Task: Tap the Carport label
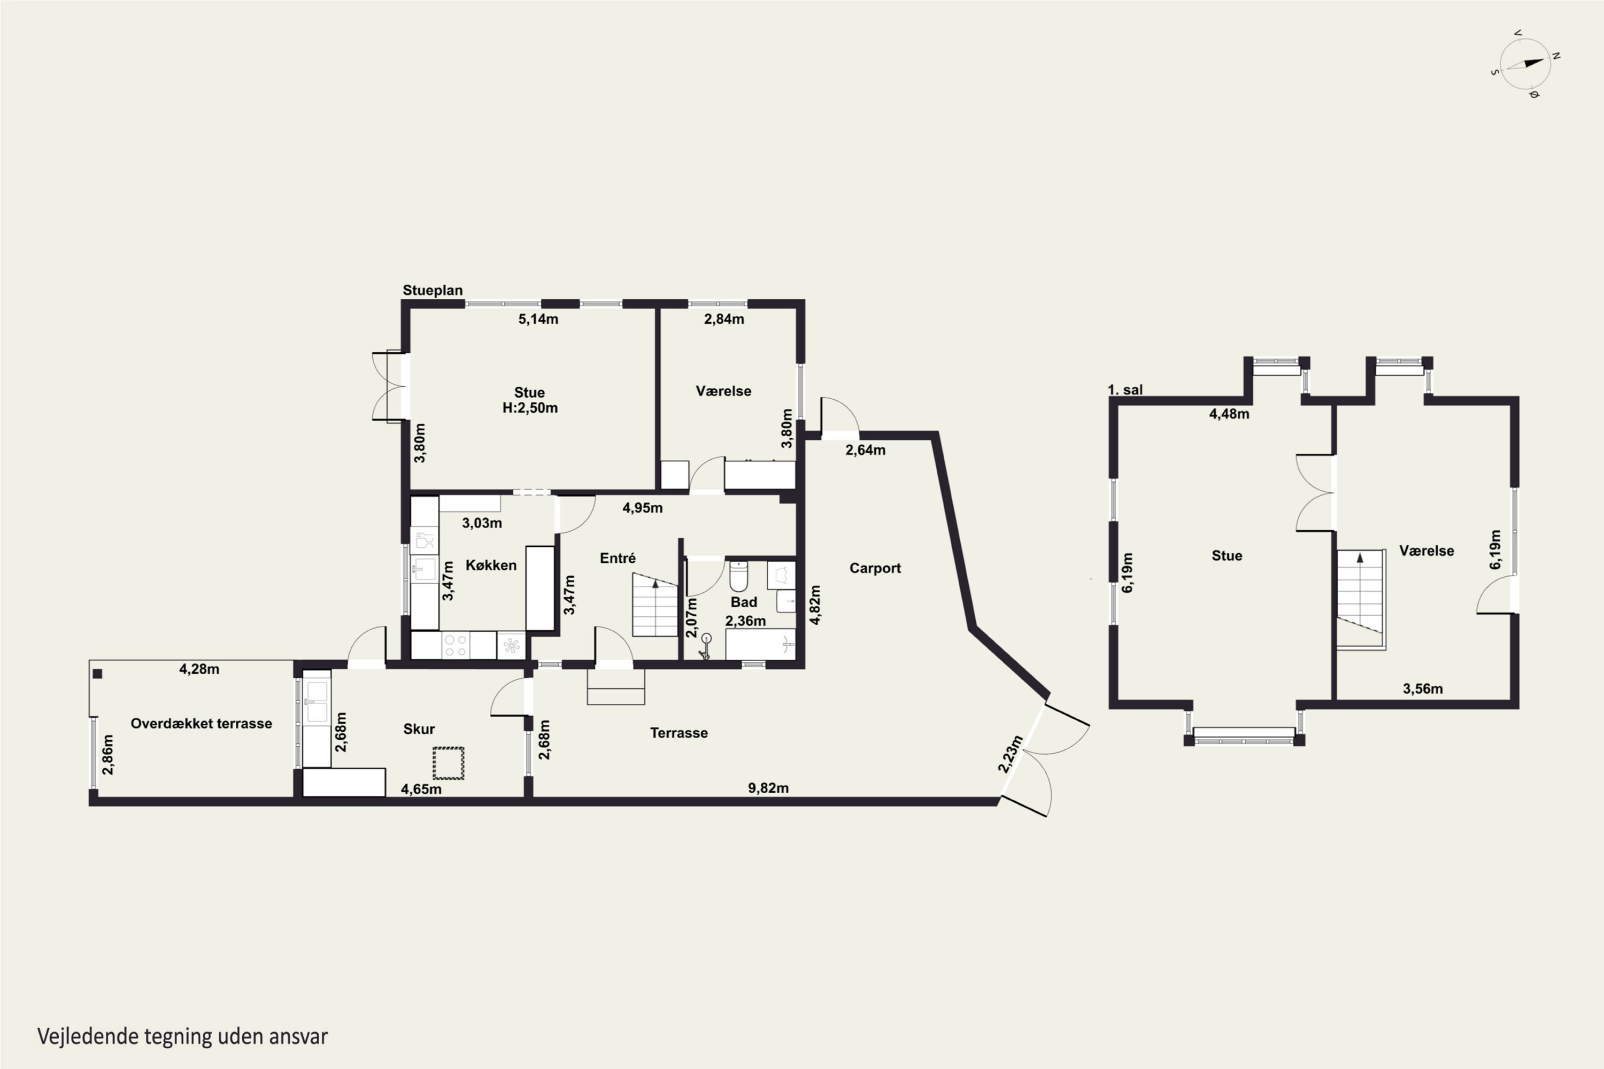point(875,568)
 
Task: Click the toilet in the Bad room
point(738,576)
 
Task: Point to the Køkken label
point(491,565)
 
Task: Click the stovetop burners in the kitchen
point(456,646)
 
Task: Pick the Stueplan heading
point(433,290)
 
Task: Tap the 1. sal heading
point(1125,390)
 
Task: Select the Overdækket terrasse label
point(201,723)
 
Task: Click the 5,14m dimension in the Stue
point(538,319)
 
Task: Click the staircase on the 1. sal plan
point(1360,599)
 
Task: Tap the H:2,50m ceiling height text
point(530,408)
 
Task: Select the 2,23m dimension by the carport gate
point(1010,754)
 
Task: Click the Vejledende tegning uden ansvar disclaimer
point(183,1037)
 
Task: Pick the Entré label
point(618,559)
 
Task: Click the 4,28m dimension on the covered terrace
point(199,670)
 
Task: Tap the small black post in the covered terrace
point(97,674)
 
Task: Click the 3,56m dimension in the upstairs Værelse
point(1423,688)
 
